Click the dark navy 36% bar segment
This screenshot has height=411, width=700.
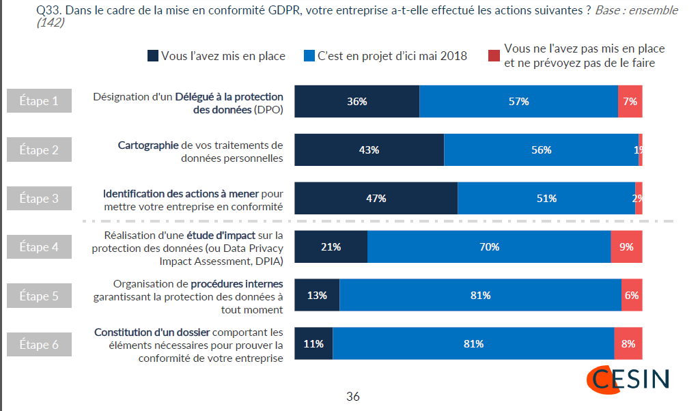point(356,101)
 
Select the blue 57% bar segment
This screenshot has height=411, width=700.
point(519,101)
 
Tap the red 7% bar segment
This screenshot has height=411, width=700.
point(630,101)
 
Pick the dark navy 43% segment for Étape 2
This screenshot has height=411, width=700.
point(369,150)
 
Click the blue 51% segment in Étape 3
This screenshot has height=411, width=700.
point(546,198)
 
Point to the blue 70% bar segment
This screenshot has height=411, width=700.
point(489,246)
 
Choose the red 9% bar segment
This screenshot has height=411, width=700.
point(627,246)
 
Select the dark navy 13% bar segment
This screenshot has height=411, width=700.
point(317,295)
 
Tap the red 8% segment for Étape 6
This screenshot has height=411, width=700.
point(628,343)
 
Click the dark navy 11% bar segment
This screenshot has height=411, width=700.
point(313,343)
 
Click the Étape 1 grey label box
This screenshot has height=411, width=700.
point(40,101)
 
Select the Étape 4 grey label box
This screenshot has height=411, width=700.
point(40,246)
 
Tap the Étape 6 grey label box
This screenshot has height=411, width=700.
point(40,345)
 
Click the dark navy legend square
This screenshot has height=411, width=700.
point(153,56)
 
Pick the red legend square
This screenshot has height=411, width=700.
point(494,56)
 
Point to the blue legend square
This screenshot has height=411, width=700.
point(309,56)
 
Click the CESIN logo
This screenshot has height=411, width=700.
point(628,380)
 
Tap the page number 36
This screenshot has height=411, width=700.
point(353,396)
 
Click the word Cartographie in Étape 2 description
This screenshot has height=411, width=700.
point(148,145)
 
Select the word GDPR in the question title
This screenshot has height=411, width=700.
point(284,10)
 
